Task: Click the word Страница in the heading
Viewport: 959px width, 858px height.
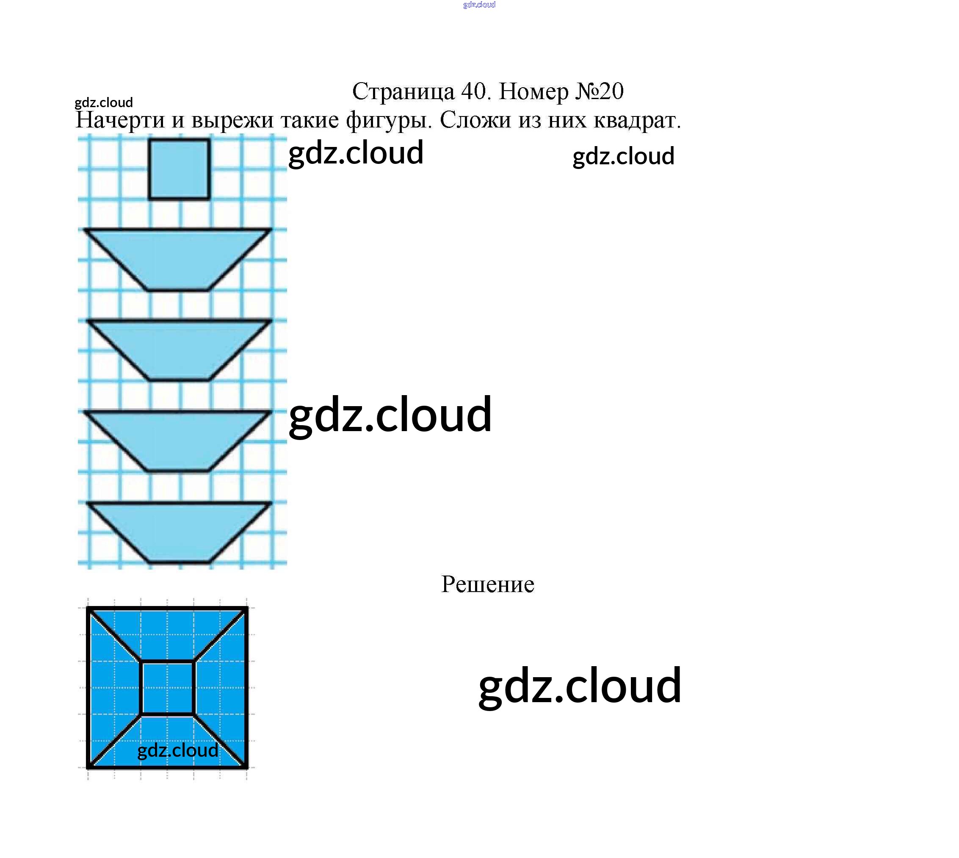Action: pyautogui.click(x=403, y=91)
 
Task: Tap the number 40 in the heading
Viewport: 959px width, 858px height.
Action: pyautogui.click(x=476, y=91)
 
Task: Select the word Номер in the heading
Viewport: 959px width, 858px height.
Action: pyautogui.click(x=533, y=91)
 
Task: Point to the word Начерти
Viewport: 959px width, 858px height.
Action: pyautogui.click(x=121, y=121)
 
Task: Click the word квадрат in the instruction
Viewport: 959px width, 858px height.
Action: pyautogui.click(x=637, y=121)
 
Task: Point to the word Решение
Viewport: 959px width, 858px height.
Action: pyautogui.click(x=487, y=584)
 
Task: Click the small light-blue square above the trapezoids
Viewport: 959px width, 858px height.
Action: pyautogui.click(x=179, y=169)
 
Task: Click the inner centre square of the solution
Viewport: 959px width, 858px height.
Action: pyautogui.click(x=167, y=688)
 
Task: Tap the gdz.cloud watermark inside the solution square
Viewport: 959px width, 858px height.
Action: pyautogui.click(x=178, y=750)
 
